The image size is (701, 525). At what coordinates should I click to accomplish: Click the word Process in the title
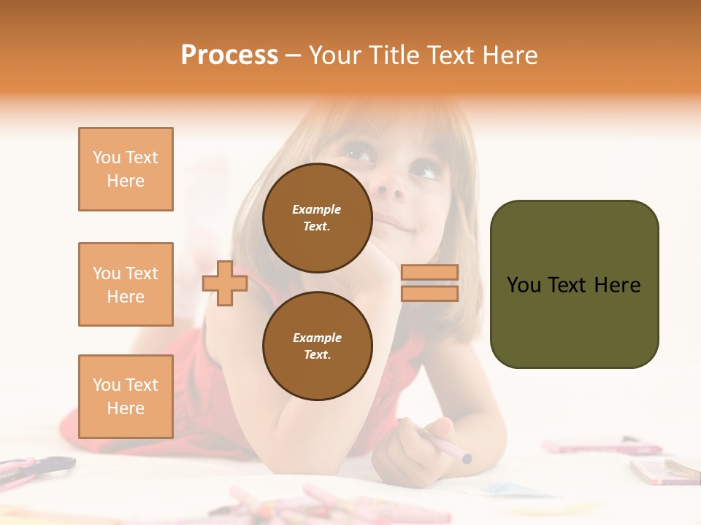(229, 55)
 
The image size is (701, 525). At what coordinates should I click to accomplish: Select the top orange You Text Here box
(126, 169)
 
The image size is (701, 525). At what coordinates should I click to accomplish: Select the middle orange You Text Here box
(126, 284)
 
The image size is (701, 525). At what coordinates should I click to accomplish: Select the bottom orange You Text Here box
(126, 397)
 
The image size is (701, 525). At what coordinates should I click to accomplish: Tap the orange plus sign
(225, 283)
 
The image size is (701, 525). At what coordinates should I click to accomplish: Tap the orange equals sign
(429, 283)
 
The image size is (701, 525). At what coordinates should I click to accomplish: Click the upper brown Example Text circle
(317, 217)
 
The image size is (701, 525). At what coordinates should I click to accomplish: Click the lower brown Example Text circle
(317, 346)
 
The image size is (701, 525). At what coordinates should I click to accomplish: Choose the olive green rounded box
(574, 284)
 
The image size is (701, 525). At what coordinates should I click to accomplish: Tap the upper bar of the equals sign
(429, 273)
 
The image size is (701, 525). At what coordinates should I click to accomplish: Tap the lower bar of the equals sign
(429, 293)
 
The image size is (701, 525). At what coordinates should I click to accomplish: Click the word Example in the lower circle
(317, 338)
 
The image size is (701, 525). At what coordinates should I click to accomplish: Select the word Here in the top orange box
(126, 181)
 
